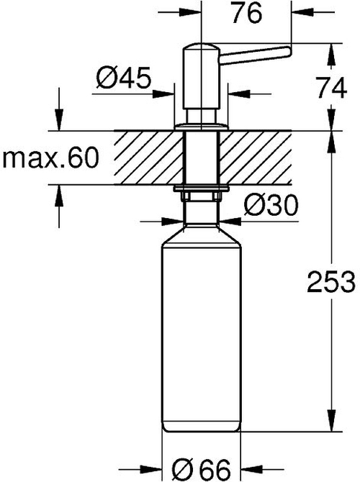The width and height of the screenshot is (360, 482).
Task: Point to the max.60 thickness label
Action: (48, 158)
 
